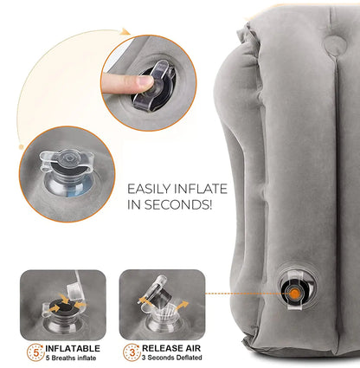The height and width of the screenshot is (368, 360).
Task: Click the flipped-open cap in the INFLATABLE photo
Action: pos(53,298)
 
